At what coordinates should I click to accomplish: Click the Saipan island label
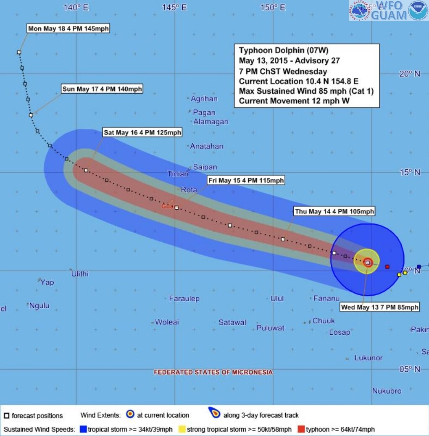click(205, 167)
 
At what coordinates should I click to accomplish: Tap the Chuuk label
click(324, 321)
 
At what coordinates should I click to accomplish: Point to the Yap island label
click(47, 282)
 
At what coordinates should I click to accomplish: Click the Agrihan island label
click(204, 99)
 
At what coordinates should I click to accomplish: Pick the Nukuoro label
click(387, 391)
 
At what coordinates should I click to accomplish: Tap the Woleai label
click(167, 322)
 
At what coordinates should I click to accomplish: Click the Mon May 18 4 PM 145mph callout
click(68, 29)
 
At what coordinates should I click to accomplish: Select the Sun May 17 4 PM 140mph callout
click(102, 89)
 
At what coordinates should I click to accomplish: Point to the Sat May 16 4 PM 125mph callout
click(142, 133)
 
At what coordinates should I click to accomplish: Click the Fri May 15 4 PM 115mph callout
click(246, 181)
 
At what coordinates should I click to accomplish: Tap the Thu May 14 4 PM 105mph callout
click(334, 211)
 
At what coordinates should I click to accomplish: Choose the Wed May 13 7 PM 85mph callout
click(380, 307)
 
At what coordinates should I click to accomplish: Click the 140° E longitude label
click(76, 7)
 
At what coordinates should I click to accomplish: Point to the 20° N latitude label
click(410, 74)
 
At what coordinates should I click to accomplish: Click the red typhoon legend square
click(301, 429)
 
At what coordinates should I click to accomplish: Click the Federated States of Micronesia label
click(213, 372)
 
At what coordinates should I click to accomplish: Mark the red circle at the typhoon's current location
click(368, 263)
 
